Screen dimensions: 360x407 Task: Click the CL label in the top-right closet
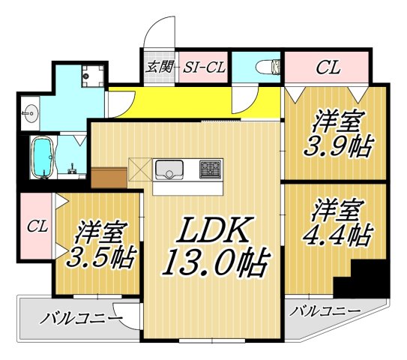point(327,67)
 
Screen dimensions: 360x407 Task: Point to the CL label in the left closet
point(36,225)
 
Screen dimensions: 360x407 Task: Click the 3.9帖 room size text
point(337,146)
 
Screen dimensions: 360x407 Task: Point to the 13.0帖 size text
point(213,264)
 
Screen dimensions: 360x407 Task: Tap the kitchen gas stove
point(210,170)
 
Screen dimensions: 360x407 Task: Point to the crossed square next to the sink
point(140,169)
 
